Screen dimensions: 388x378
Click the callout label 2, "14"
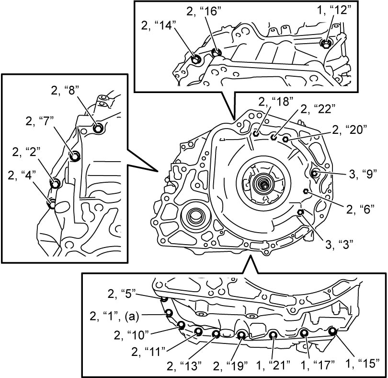(159, 25)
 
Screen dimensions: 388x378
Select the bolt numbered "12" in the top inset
(325, 44)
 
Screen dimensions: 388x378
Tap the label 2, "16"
(204, 11)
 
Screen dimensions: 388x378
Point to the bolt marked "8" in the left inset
(98, 128)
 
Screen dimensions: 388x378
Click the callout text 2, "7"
(40, 121)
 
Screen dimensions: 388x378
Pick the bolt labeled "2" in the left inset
(56, 184)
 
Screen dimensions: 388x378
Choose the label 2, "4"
(22, 175)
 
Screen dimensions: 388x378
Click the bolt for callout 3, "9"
(315, 173)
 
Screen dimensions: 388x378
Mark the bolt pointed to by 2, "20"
(285, 139)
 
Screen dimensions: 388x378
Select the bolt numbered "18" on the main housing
(256, 134)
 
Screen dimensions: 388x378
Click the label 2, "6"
(360, 209)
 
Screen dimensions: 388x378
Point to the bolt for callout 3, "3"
(300, 213)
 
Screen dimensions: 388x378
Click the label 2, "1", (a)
(114, 316)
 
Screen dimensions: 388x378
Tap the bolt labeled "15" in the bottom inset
(332, 331)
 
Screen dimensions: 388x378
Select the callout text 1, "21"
(273, 365)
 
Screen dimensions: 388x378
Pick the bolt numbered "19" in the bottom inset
(241, 335)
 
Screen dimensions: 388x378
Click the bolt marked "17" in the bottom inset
(304, 333)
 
